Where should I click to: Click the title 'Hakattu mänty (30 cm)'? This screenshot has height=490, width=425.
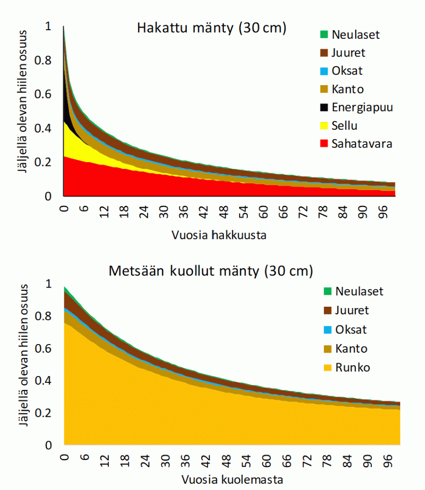point(211,28)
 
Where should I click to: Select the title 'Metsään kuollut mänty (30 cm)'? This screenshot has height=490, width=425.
point(211,271)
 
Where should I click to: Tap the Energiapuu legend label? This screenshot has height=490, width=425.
point(362,107)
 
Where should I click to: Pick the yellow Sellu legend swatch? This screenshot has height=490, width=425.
point(324,126)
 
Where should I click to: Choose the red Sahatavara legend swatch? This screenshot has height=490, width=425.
point(324,144)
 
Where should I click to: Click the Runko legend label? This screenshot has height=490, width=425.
point(353,367)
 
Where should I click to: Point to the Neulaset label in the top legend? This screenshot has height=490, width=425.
point(356,34)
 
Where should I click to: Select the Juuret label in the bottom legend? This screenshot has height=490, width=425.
point(352,310)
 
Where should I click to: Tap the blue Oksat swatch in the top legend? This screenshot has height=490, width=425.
point(324,71)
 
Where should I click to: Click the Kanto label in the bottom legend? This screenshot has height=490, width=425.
point(352,348)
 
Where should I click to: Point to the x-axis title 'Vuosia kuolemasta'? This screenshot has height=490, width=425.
point(232,479)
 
